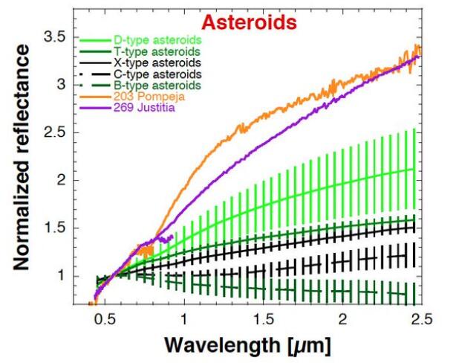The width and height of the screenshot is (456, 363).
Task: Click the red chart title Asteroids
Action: coord(256,22)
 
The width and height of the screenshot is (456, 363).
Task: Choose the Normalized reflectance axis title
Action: coord(24,156)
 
